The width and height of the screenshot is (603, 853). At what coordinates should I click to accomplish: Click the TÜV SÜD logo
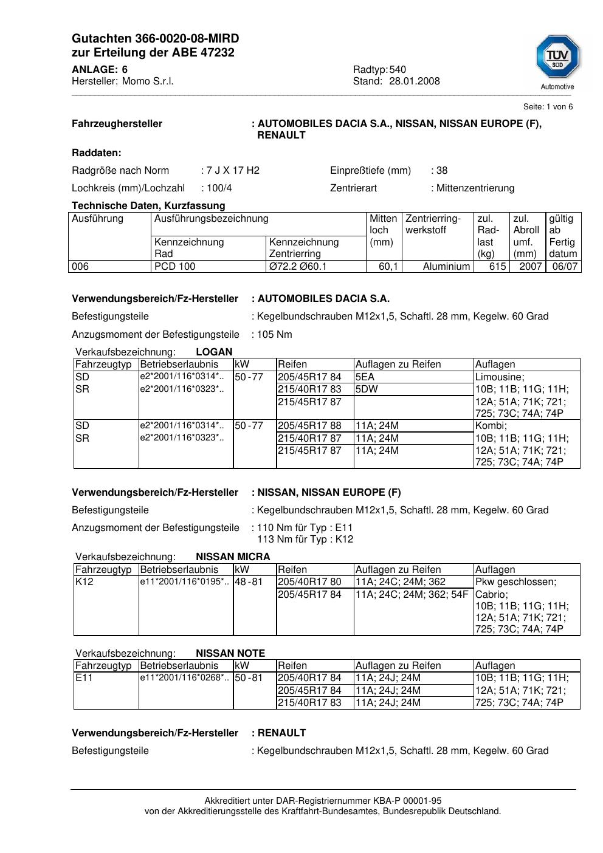[x=557, y=59]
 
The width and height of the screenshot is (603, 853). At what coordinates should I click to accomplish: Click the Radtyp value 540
[x=398, y=69]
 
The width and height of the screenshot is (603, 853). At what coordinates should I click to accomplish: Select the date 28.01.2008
[x=415, y=81]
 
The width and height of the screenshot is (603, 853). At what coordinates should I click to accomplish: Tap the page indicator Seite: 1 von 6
[x=548, y=107]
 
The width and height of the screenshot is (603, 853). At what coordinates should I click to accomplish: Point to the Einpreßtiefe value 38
[x=442, y=170]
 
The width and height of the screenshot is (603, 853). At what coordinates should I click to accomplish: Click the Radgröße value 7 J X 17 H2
[x=233, y=170]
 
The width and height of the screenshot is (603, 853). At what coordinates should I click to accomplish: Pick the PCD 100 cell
[x=175, y=266]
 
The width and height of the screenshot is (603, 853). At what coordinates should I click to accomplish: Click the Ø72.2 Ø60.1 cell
[x=298, y=266]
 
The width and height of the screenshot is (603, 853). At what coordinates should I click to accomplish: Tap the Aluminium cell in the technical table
[x=447, y=266]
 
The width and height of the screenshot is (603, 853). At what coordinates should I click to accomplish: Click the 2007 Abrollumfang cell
[x=530, y=266]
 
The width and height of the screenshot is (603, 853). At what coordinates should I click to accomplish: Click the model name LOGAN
[x=214, y=352]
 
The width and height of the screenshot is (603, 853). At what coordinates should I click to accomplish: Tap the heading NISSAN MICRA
[x=233, y=557]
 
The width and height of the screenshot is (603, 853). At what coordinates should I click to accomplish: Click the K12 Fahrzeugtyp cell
[x=83, y=581]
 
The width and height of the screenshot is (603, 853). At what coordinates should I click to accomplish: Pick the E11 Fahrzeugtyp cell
[x=83, y=677]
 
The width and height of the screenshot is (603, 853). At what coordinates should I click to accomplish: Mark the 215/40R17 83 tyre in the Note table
[x=309, y=702]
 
